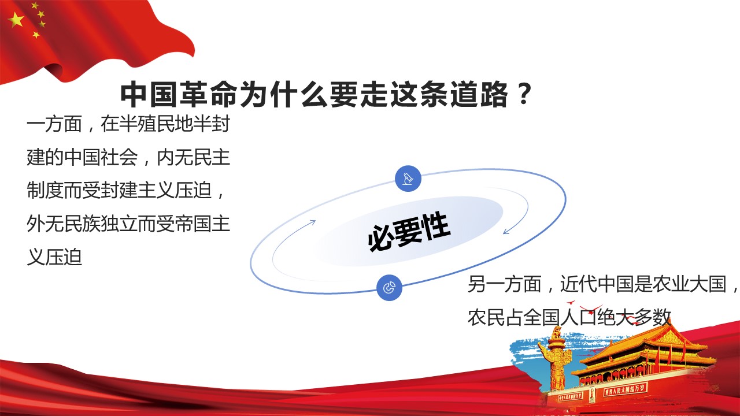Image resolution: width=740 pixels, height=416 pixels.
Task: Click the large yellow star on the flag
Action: tap(16, 20)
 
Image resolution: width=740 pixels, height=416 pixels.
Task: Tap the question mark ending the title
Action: tap(523, 94)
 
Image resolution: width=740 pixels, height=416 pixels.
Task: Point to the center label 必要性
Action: tap(409, 232)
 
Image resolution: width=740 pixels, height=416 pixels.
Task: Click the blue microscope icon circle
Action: tap(408, 179)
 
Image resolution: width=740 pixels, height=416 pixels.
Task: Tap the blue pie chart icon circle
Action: tap(389, 288)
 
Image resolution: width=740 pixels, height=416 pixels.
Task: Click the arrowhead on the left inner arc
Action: tap(312, 222)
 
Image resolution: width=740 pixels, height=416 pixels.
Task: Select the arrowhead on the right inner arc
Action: tap(507, 231)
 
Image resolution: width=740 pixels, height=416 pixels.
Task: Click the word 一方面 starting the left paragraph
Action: tap(54, 124)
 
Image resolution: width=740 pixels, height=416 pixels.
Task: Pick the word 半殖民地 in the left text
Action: tap(156, 124)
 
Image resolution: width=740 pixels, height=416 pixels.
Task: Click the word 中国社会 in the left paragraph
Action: tap(101, 158)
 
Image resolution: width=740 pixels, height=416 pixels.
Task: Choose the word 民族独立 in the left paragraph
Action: tap(101, 224)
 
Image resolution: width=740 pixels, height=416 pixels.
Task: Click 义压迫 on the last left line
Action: tap(54, 257)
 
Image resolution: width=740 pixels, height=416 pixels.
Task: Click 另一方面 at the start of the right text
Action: tap(505, 284)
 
